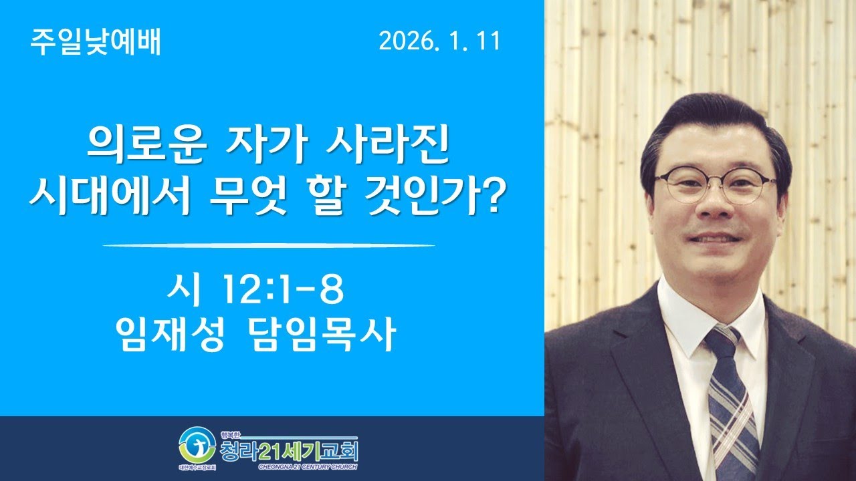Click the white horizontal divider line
point(269,245)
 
